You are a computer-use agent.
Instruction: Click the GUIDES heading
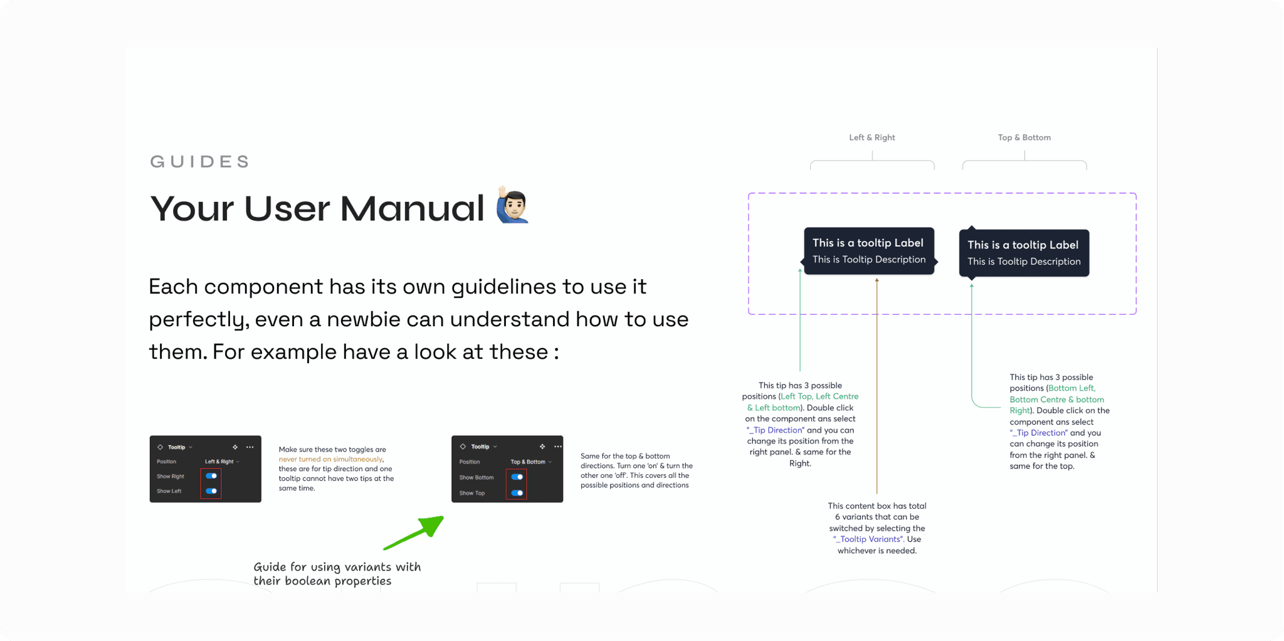[200, 162]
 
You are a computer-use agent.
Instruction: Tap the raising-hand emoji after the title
[513, 204]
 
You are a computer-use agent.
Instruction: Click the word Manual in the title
[412, 208]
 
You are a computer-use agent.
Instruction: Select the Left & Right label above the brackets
[872, 137]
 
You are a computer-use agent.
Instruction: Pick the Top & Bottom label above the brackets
[1024, 137]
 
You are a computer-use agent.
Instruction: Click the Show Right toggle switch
[211, 476]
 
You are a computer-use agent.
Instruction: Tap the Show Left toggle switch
[211, 491]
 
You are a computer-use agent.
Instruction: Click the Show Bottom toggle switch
[517, 477]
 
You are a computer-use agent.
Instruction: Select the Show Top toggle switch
[517, 493]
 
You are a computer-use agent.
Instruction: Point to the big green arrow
[414, 533]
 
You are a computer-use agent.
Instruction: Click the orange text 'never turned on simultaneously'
[330, 460]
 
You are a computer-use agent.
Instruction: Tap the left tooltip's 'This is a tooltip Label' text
[868, 243]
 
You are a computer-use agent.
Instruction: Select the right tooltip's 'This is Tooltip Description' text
[1024, 262]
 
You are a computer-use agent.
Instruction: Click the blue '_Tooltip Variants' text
[868, 539]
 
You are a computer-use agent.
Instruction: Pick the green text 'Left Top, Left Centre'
[819, 396]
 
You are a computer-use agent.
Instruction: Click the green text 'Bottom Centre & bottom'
[1056, 400]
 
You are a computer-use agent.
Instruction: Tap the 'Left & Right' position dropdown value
[219, 462]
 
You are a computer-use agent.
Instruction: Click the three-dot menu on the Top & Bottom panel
[558, 447]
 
